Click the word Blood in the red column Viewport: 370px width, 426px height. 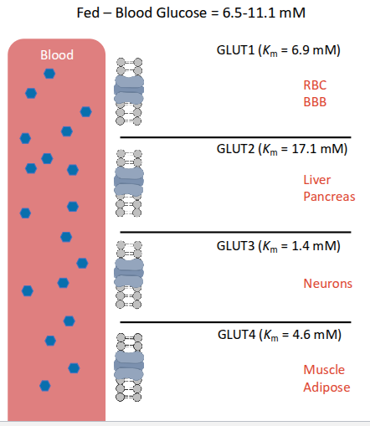coord(57,55)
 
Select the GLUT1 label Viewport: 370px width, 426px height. coord(234,50)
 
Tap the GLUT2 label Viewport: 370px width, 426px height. coord(234,149)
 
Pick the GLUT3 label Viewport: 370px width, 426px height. coord(234,245)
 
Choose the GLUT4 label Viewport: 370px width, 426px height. coord(234,335)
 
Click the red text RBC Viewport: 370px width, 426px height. coord(315,85)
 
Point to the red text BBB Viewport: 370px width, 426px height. coord(315,102)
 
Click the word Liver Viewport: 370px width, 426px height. coord(316,179)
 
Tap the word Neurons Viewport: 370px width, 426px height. coord(327,284)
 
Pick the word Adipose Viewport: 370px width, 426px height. coord(327,388)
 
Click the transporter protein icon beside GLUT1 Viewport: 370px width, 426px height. coord(129,90)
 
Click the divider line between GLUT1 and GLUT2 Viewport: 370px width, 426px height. coord(235,136)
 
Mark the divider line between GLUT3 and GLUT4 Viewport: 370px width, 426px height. coord(235,321)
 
